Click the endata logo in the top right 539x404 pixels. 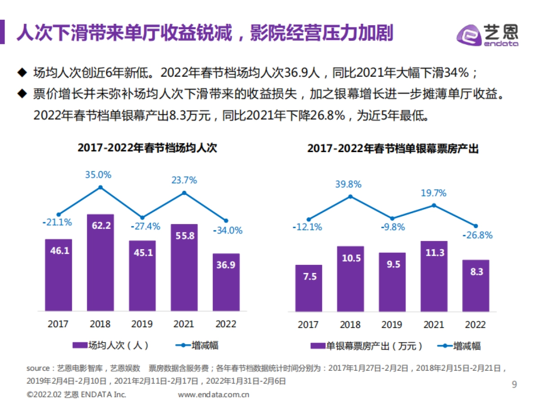(488, 34)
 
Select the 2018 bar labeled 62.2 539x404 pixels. (100, 263)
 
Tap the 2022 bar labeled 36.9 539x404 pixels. (226, 282)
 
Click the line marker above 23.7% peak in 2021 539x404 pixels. (184, 193)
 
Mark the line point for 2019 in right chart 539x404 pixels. (392, 218)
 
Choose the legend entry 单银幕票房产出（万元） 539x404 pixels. (367, 346)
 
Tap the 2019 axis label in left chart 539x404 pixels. (141, 324)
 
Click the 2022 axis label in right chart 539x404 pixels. (475, 325)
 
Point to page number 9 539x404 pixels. (514, 384)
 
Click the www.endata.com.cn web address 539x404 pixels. (213, 395)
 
